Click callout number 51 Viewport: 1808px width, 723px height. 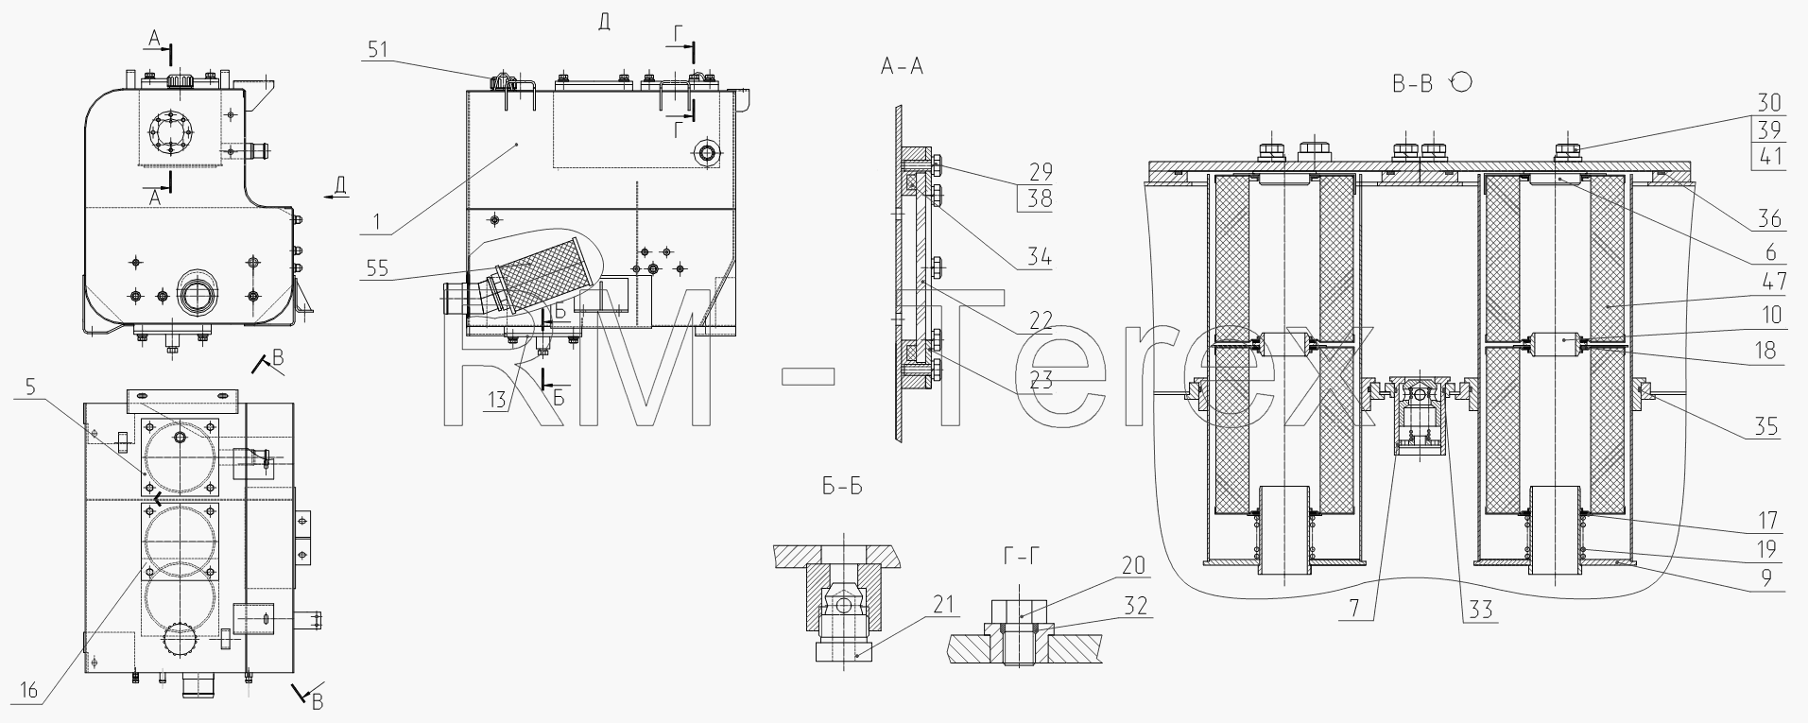(x=377, y=49)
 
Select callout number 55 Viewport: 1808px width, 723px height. (x=377, y=268)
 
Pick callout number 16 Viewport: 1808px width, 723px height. (x=29, y=691)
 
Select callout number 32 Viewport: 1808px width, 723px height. (x=1136, y=605)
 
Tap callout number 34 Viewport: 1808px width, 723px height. (x=1041, y=256)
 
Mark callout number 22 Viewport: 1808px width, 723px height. (x=1041, y=320)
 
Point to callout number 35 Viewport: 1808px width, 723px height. (x=1767, y=427)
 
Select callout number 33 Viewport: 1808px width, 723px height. (x=1480, y=611)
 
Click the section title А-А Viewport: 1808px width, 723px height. (x=902, y=65)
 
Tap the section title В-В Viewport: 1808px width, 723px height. (x=1412, y=84)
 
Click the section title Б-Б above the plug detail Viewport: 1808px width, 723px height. (x=842, y=488)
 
